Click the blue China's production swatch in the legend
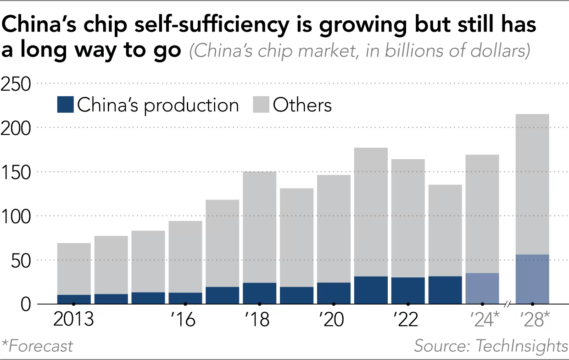tap(65, 105)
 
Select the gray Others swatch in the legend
tap(260, 105)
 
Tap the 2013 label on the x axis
tap(73, 320)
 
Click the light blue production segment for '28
tap(532, 279)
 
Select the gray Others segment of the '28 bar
tap(532, 183)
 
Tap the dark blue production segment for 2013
tap(74, 299)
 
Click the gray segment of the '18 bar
tap(259, 227)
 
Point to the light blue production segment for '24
tap(482, 288)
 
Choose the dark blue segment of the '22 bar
tap(408, 290)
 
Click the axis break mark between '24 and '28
tap(508, 304)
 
